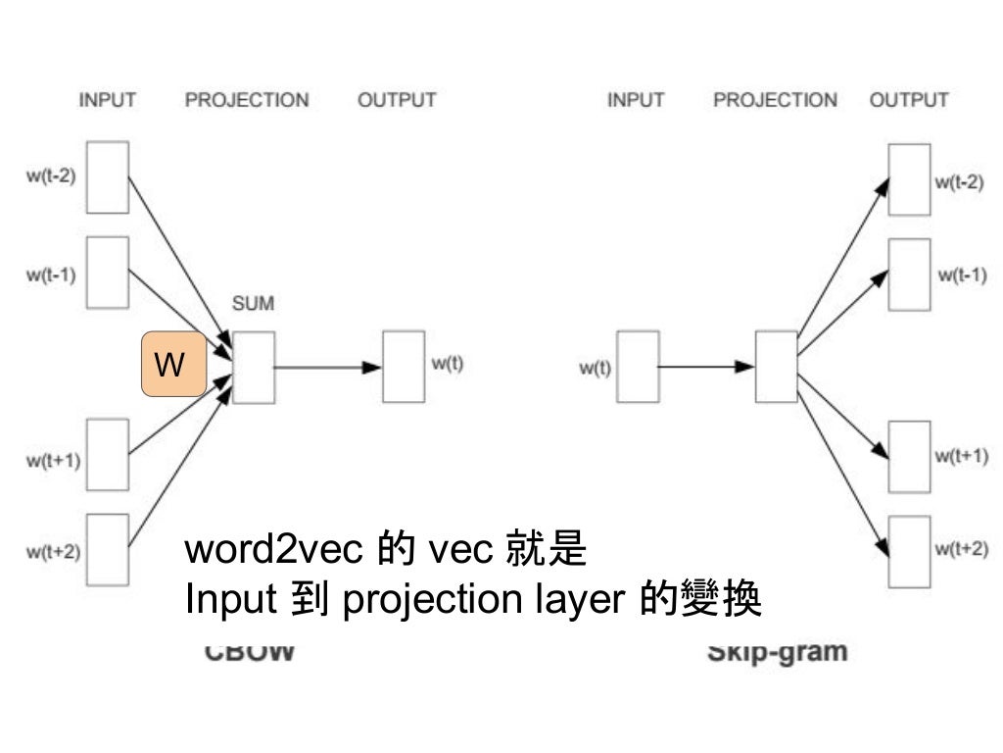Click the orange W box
pos(174,364)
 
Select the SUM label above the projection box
pos(253,304)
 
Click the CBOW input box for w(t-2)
pos(107,177)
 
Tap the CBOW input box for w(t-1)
pos(107,272)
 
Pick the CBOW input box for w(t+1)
pos(107,454)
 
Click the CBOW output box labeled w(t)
pos(404,367)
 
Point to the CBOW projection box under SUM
pos(254,367)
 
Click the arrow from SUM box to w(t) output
pos(327,368)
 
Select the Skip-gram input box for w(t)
pos(638,367)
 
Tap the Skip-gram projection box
pos(776,367)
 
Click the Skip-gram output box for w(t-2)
pos(909,179)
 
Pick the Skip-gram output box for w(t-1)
pos(909,274)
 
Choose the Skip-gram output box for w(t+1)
pos(909,456)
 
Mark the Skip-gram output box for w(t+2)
pos(909,550)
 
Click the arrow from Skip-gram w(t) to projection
pos(706,368)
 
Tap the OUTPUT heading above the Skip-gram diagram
pos(909,100)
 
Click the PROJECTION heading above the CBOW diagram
pos(247,100)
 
